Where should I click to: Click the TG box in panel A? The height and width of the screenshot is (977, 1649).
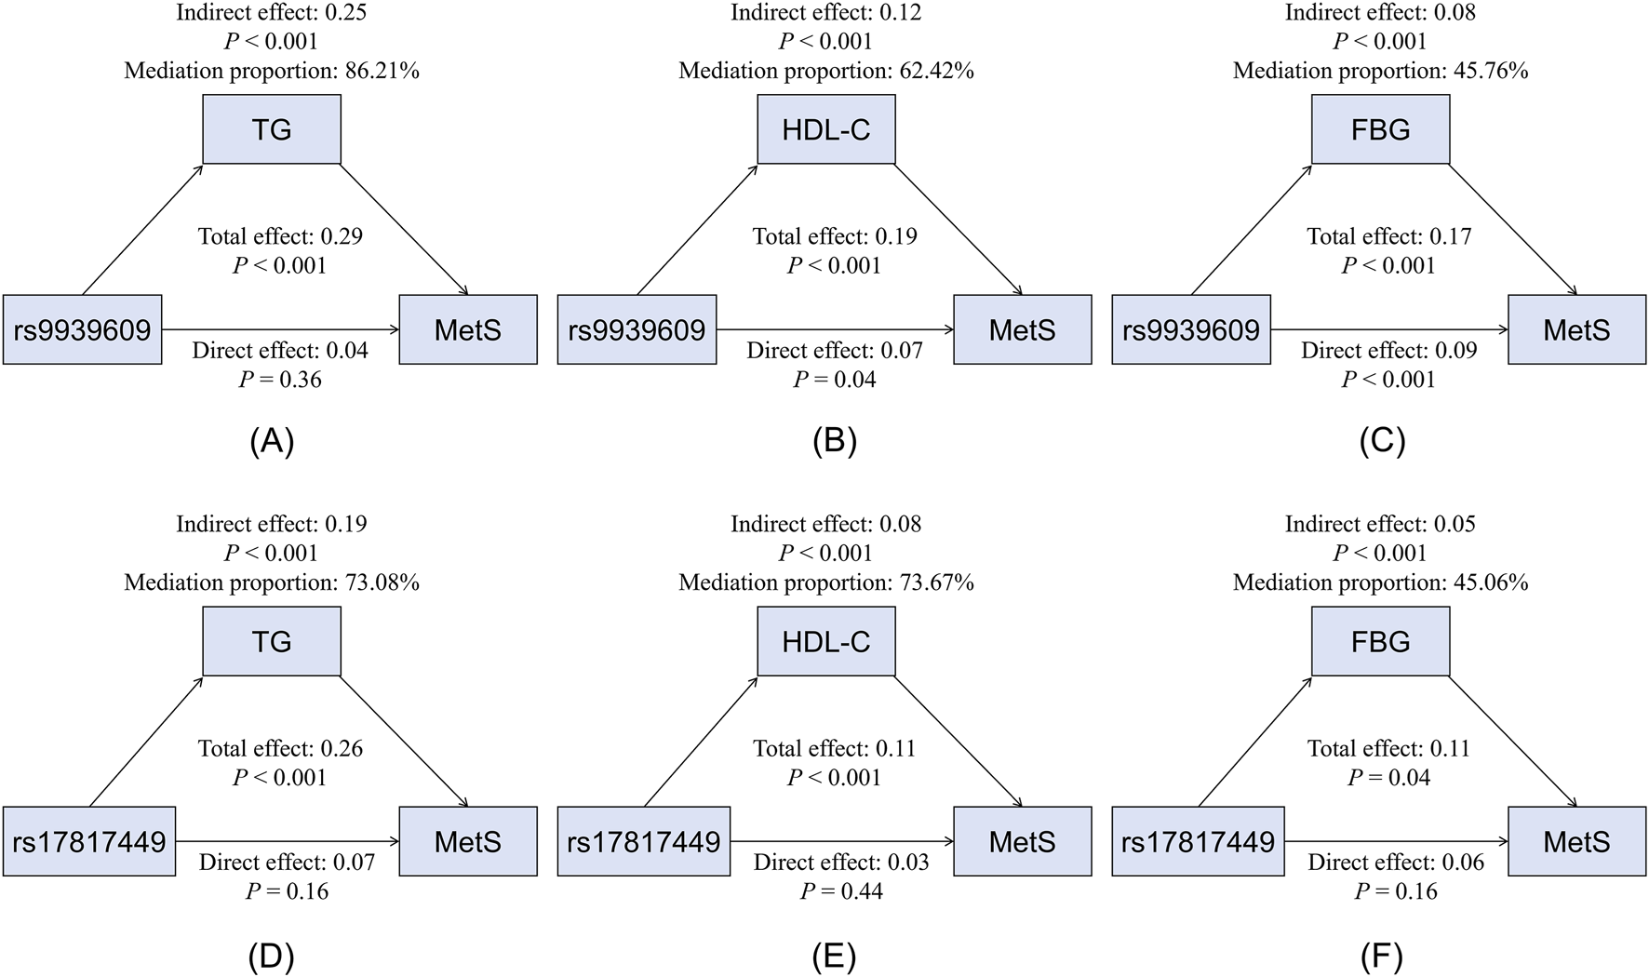(x=272, y=129)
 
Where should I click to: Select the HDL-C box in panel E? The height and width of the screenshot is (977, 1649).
(x=825, y=641)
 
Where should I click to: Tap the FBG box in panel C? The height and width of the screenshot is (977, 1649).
(x=1380, y=129)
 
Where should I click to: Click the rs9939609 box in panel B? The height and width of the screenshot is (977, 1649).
(x=637, y=329)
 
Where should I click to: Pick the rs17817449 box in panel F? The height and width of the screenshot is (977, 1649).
(x=1198, y=842)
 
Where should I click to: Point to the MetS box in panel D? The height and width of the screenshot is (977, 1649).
(x=468, y=842)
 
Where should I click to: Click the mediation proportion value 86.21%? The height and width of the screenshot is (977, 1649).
(x=382, y=71)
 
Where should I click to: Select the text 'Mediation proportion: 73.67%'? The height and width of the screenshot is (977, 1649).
(x=825, y=582)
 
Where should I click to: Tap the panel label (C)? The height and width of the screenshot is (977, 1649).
(x=1381, y=441)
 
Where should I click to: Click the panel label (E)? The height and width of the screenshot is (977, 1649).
(x=834, y=956)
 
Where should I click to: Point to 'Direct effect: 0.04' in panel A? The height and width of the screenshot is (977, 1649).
(x=280, y=351)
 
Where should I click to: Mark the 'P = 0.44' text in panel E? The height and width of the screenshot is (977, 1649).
(x=841, y=891)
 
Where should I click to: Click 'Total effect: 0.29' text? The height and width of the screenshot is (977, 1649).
(x=280, y=236)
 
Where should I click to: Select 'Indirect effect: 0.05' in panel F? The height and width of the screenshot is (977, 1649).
(x=1380, y=524)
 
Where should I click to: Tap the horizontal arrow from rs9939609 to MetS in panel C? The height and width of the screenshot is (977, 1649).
(x=1388, y=329)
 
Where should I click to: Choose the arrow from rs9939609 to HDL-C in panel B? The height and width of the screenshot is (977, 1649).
(x=696, y=230)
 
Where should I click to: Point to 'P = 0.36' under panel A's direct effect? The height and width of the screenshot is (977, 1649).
(x=280, y=380)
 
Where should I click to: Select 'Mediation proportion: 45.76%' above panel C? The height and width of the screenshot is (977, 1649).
(x=1380, y=71)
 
